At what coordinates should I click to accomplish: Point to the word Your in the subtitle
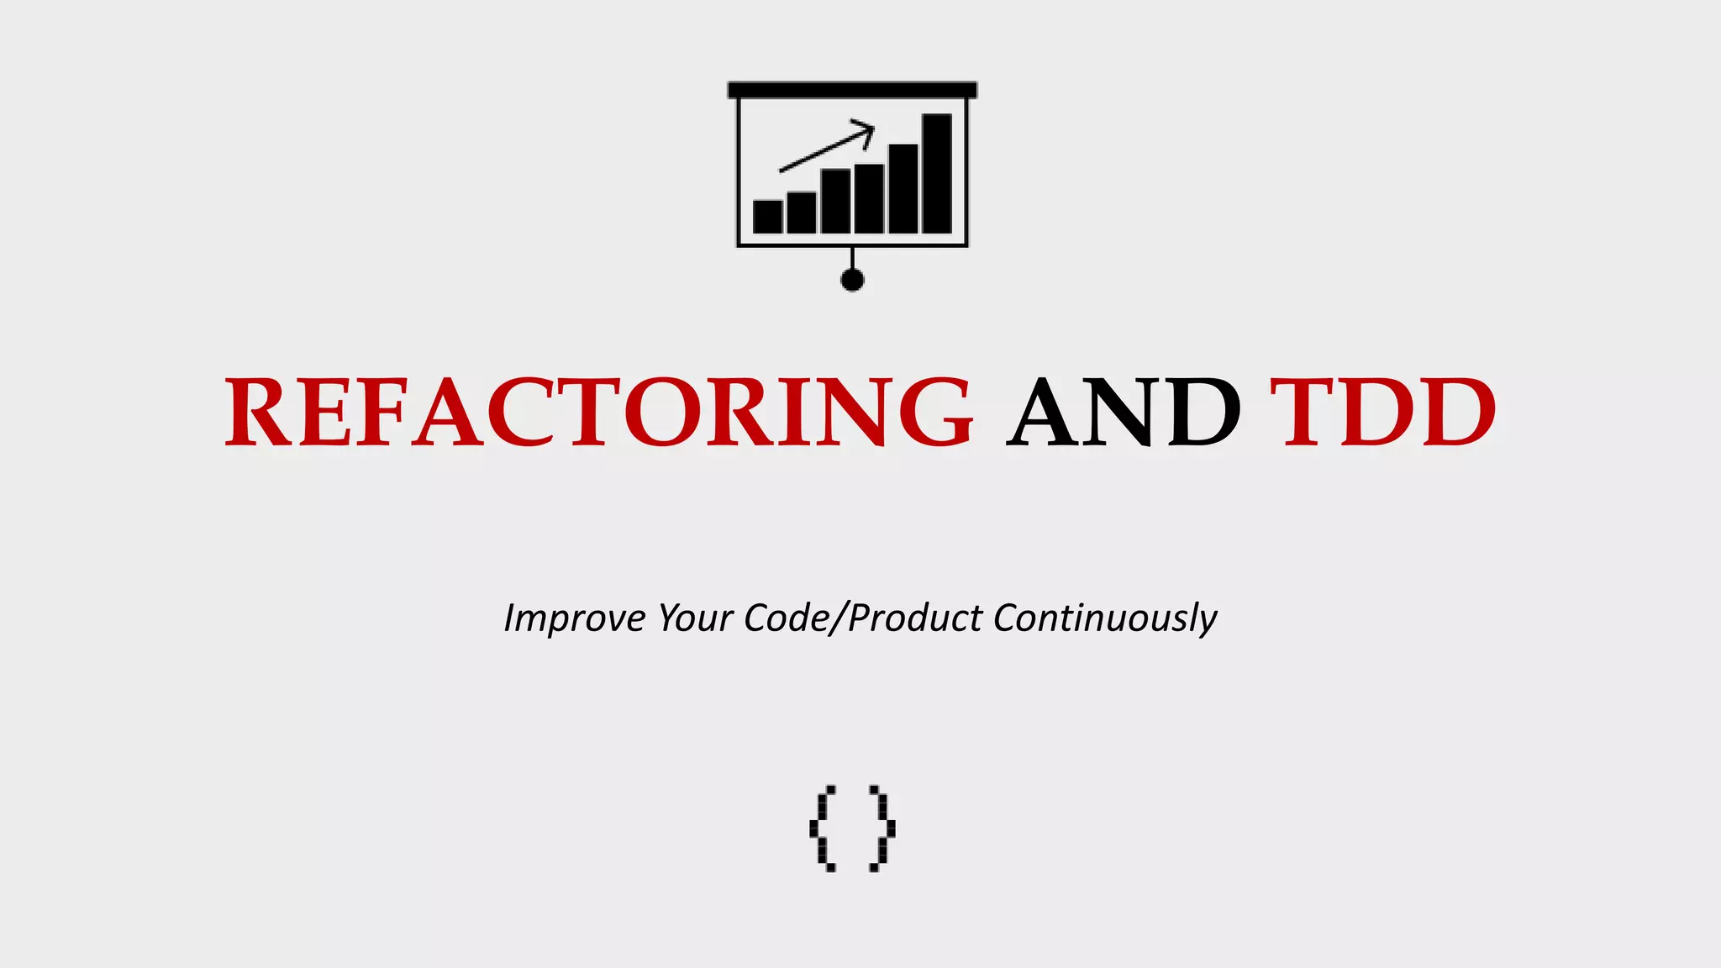click(x=694, y=618)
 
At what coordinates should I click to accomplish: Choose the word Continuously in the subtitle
click(x=1104, y=618)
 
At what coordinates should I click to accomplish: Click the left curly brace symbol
click(x=823, y=829)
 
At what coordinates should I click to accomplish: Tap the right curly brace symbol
click(x=882, y=829)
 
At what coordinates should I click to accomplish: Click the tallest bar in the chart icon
click(x=936, y=173)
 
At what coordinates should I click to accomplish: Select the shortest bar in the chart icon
click(x=767, y=216)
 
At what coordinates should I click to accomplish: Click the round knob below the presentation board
click(x=852, y=280)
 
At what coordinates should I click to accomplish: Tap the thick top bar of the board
click(x=852, y=90)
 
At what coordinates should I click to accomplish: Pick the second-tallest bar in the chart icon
click(x=903, y=188)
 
